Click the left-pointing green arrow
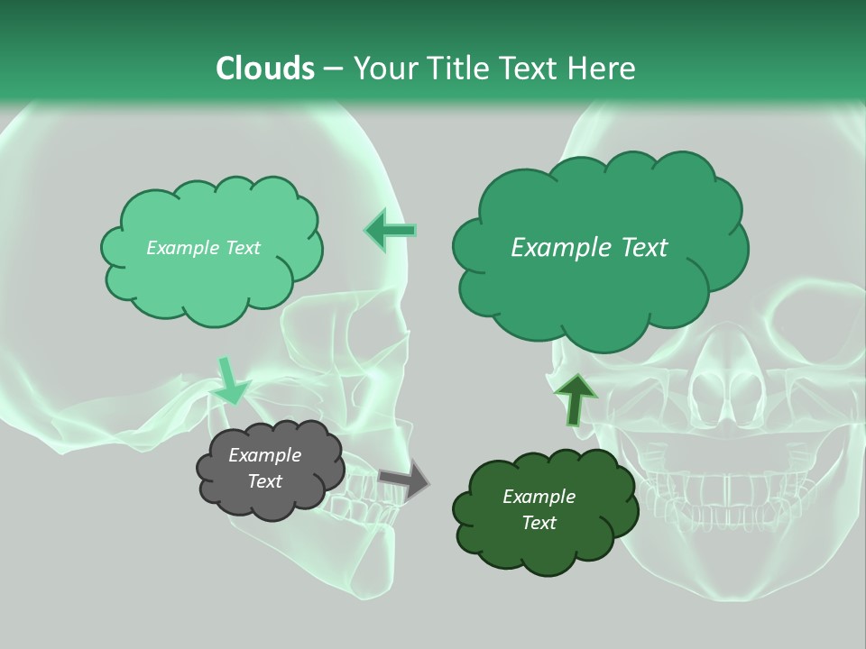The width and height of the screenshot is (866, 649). (391, 231)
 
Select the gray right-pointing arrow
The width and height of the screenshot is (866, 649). (403, 480)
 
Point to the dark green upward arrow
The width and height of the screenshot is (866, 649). (576, 399)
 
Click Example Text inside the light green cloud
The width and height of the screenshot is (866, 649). (203, 248)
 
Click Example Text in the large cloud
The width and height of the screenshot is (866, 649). (589, 248)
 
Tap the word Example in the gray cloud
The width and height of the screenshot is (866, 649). (265, 455)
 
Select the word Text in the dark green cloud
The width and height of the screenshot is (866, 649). (539, 523)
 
